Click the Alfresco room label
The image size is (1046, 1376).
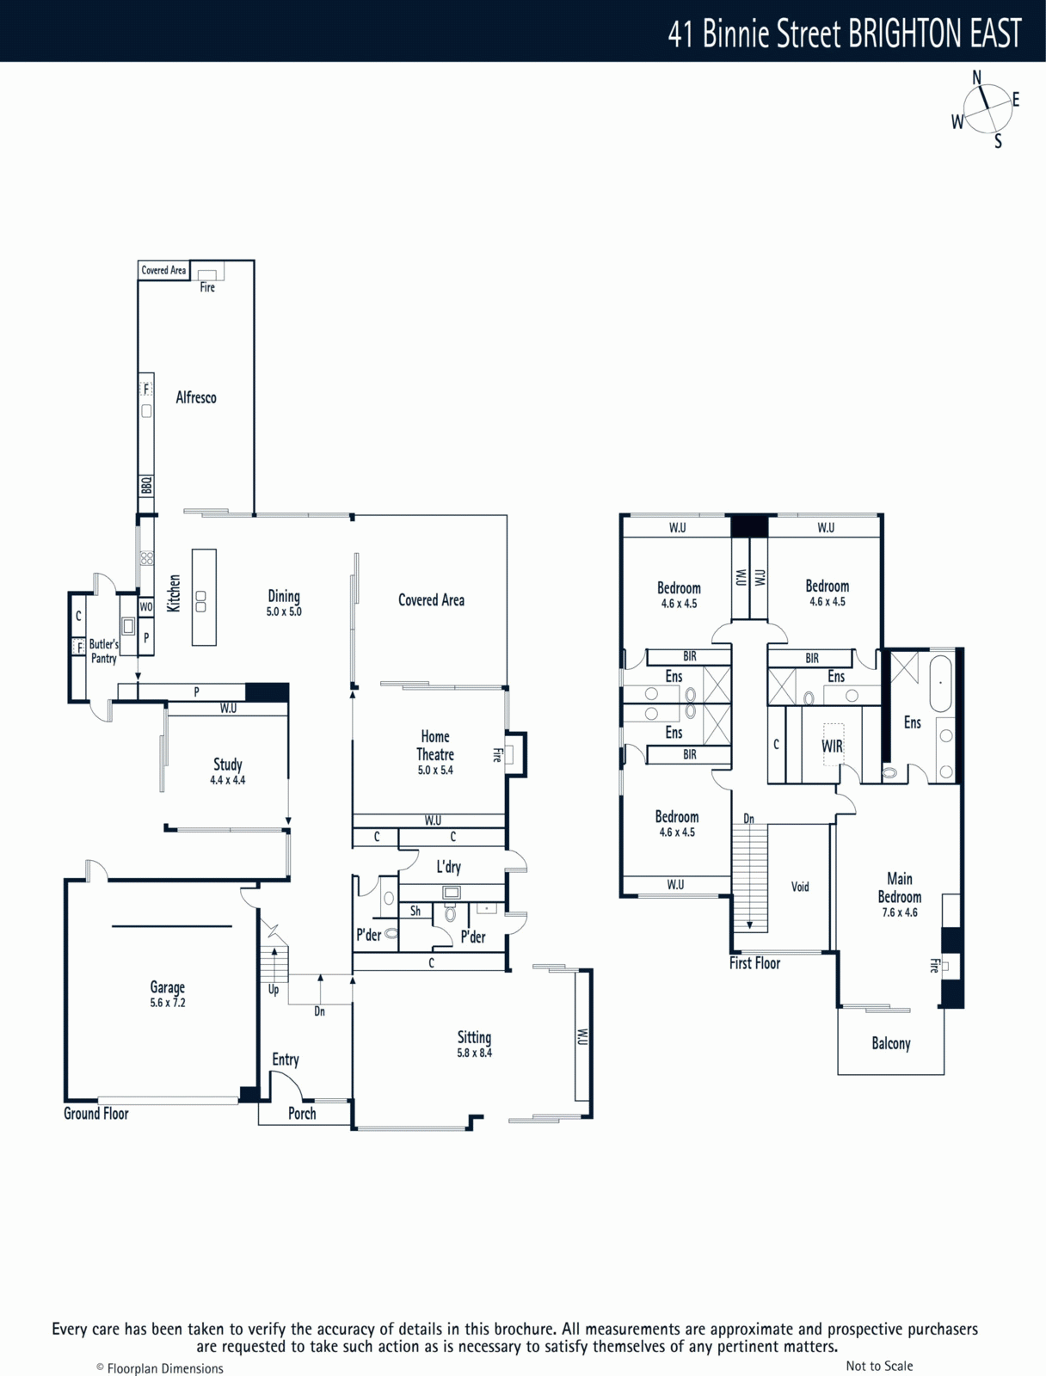tap(196, 397)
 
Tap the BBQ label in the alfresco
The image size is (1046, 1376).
tap(146, 485)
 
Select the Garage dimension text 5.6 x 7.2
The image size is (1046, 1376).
tap(168, 1003)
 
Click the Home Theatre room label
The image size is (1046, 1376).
tap(435, 746)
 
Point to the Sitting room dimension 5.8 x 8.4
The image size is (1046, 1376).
tap(475, 1053)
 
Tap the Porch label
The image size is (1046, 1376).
tap(302, 1114)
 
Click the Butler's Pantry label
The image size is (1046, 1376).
tap(103, 651)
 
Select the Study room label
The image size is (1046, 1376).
tap(227, 765)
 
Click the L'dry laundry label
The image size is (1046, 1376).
tap(449, 867)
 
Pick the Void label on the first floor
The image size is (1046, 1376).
tap(800, 887)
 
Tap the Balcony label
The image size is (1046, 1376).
tap(890, 1043)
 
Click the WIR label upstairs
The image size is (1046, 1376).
tap(833, 746)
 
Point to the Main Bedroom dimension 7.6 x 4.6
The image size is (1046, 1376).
tap(900, 912)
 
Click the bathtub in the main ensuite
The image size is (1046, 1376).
tap(941, 684)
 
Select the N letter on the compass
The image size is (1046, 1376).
tap(976, 77)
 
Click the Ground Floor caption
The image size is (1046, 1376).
tap(95, 1114)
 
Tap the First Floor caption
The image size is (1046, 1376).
tap(754, 963)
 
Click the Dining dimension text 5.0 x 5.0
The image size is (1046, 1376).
tap(284, 611)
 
